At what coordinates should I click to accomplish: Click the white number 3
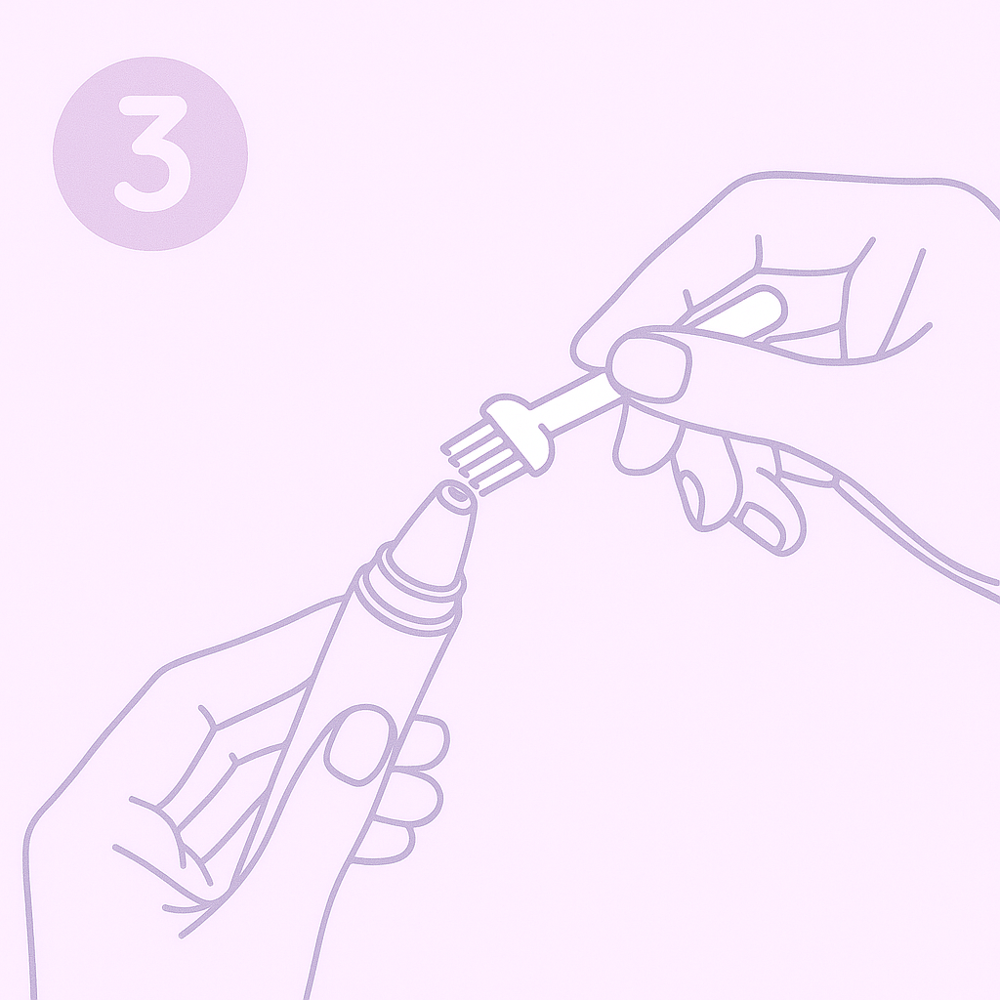coord(153,153)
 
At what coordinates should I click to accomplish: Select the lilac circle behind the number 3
coord(149,153)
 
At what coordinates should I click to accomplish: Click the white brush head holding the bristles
coord(518,434)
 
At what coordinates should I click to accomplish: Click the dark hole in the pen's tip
coord(457,493)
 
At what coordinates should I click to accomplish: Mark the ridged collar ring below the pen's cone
coord(408,600)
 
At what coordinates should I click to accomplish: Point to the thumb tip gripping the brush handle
coord(650,370)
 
